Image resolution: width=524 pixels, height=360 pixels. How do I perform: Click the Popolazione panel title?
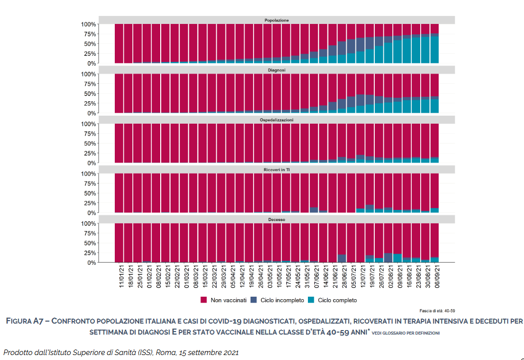[x=276, y=20]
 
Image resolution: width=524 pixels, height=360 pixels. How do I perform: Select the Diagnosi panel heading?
[x=276, y=70]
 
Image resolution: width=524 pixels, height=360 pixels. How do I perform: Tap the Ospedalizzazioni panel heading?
[x=276, y=120]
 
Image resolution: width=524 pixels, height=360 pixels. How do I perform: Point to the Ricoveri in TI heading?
[x=276, y=170]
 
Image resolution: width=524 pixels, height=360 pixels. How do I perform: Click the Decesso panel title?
[x=276, y=220]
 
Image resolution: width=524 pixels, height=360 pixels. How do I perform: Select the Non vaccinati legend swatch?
[x=204, y=300]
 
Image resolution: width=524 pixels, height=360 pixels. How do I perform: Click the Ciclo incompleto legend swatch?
[x=254, y=300]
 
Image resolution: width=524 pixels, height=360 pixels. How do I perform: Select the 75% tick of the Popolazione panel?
[x=88, y=34]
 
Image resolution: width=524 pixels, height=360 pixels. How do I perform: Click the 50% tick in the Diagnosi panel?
[x=88, y=94]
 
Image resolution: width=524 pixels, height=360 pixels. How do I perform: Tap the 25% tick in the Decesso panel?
[x=88, y=253]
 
